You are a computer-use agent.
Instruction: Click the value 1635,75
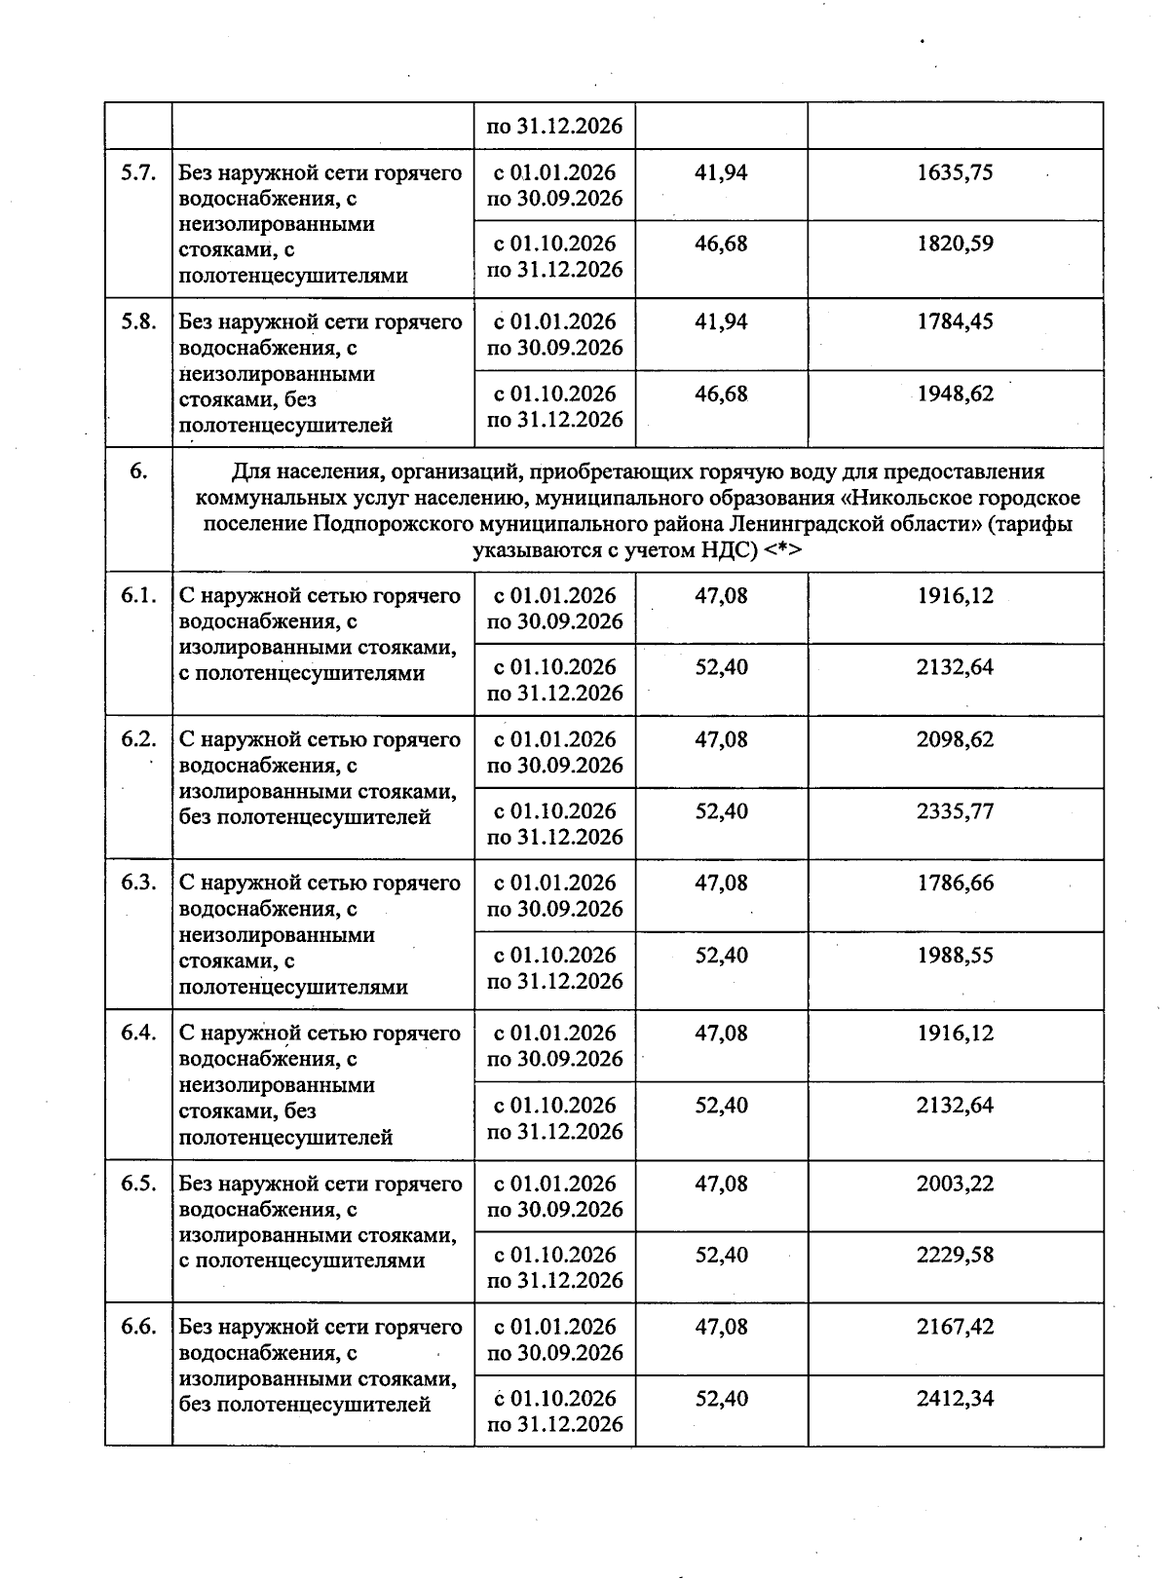click(x=955, y=172)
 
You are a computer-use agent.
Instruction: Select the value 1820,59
click(x=955, y=244)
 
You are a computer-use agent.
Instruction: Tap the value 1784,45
click(x=955, y=321)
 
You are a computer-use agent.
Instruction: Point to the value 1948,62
click(x=955, y=394)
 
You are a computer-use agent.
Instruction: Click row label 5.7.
click(x=138, y=172)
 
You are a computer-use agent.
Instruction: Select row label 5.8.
click(x=138, y=321)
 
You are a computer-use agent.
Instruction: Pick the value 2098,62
click(x=955, y=739)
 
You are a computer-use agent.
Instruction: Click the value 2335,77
click(x=955, y=811)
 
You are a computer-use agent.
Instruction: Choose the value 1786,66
click(x=955, y=883)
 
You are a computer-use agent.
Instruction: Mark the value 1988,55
click(x=955, y=955)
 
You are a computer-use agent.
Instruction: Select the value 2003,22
click(x=955, y=1184)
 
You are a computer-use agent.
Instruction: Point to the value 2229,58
click(x=955, y=1255)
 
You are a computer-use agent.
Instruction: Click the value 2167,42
click(x=955, y=1327)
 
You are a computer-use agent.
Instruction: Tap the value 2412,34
click(x=955, y=1399)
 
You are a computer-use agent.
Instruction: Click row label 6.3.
click(x=138, y=883)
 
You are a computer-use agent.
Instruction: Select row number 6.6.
click(x=138, y=1327)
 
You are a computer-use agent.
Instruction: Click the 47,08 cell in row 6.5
click(x=721, y=1184)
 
